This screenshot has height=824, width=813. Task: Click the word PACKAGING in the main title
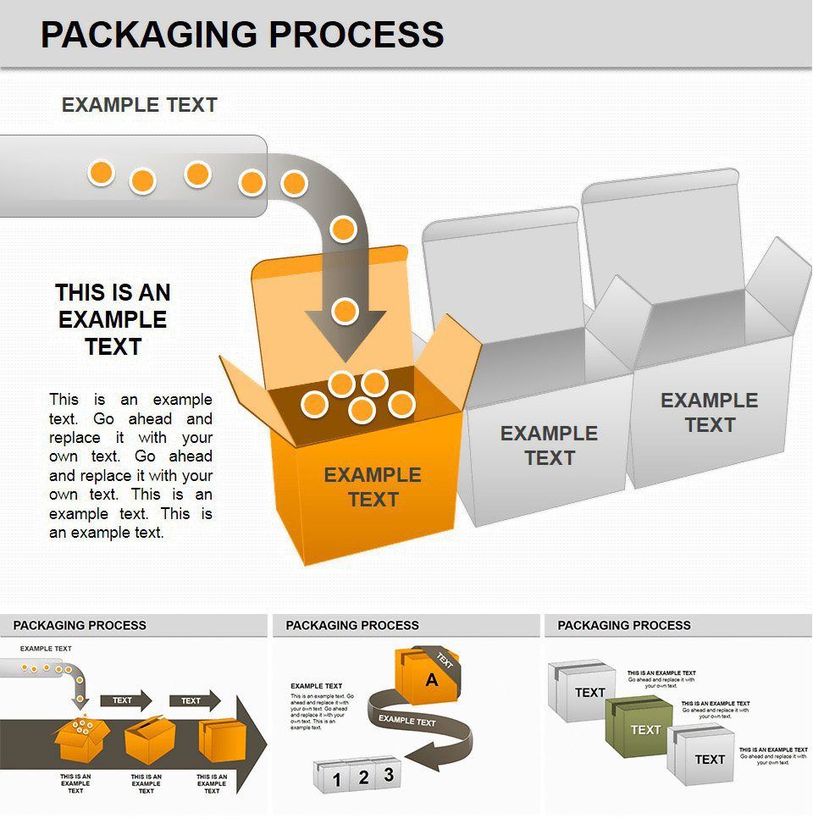(x=149, y=35)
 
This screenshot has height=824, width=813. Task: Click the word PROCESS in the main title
(x=356, y=35)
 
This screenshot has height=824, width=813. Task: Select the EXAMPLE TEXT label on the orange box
(x=373, y=487)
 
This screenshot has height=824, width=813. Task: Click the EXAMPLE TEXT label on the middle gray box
(x=549, y=445)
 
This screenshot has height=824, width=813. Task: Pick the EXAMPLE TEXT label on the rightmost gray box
(x=709, y=412)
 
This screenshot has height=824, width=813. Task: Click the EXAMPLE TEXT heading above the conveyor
(x=140, y=105)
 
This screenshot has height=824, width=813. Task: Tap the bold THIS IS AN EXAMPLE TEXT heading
(x=113, y=319)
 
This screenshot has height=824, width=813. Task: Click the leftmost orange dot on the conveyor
(x=101, y=174)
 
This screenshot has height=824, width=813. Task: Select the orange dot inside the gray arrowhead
(x=345, y=312)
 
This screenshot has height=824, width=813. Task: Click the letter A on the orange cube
(x=432, y=679)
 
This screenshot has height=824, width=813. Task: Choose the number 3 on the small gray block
(x=388, y=774)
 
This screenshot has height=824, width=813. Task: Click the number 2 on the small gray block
(x=362, y=777)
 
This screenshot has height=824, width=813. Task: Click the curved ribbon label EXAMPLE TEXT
(x=406, y=721)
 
